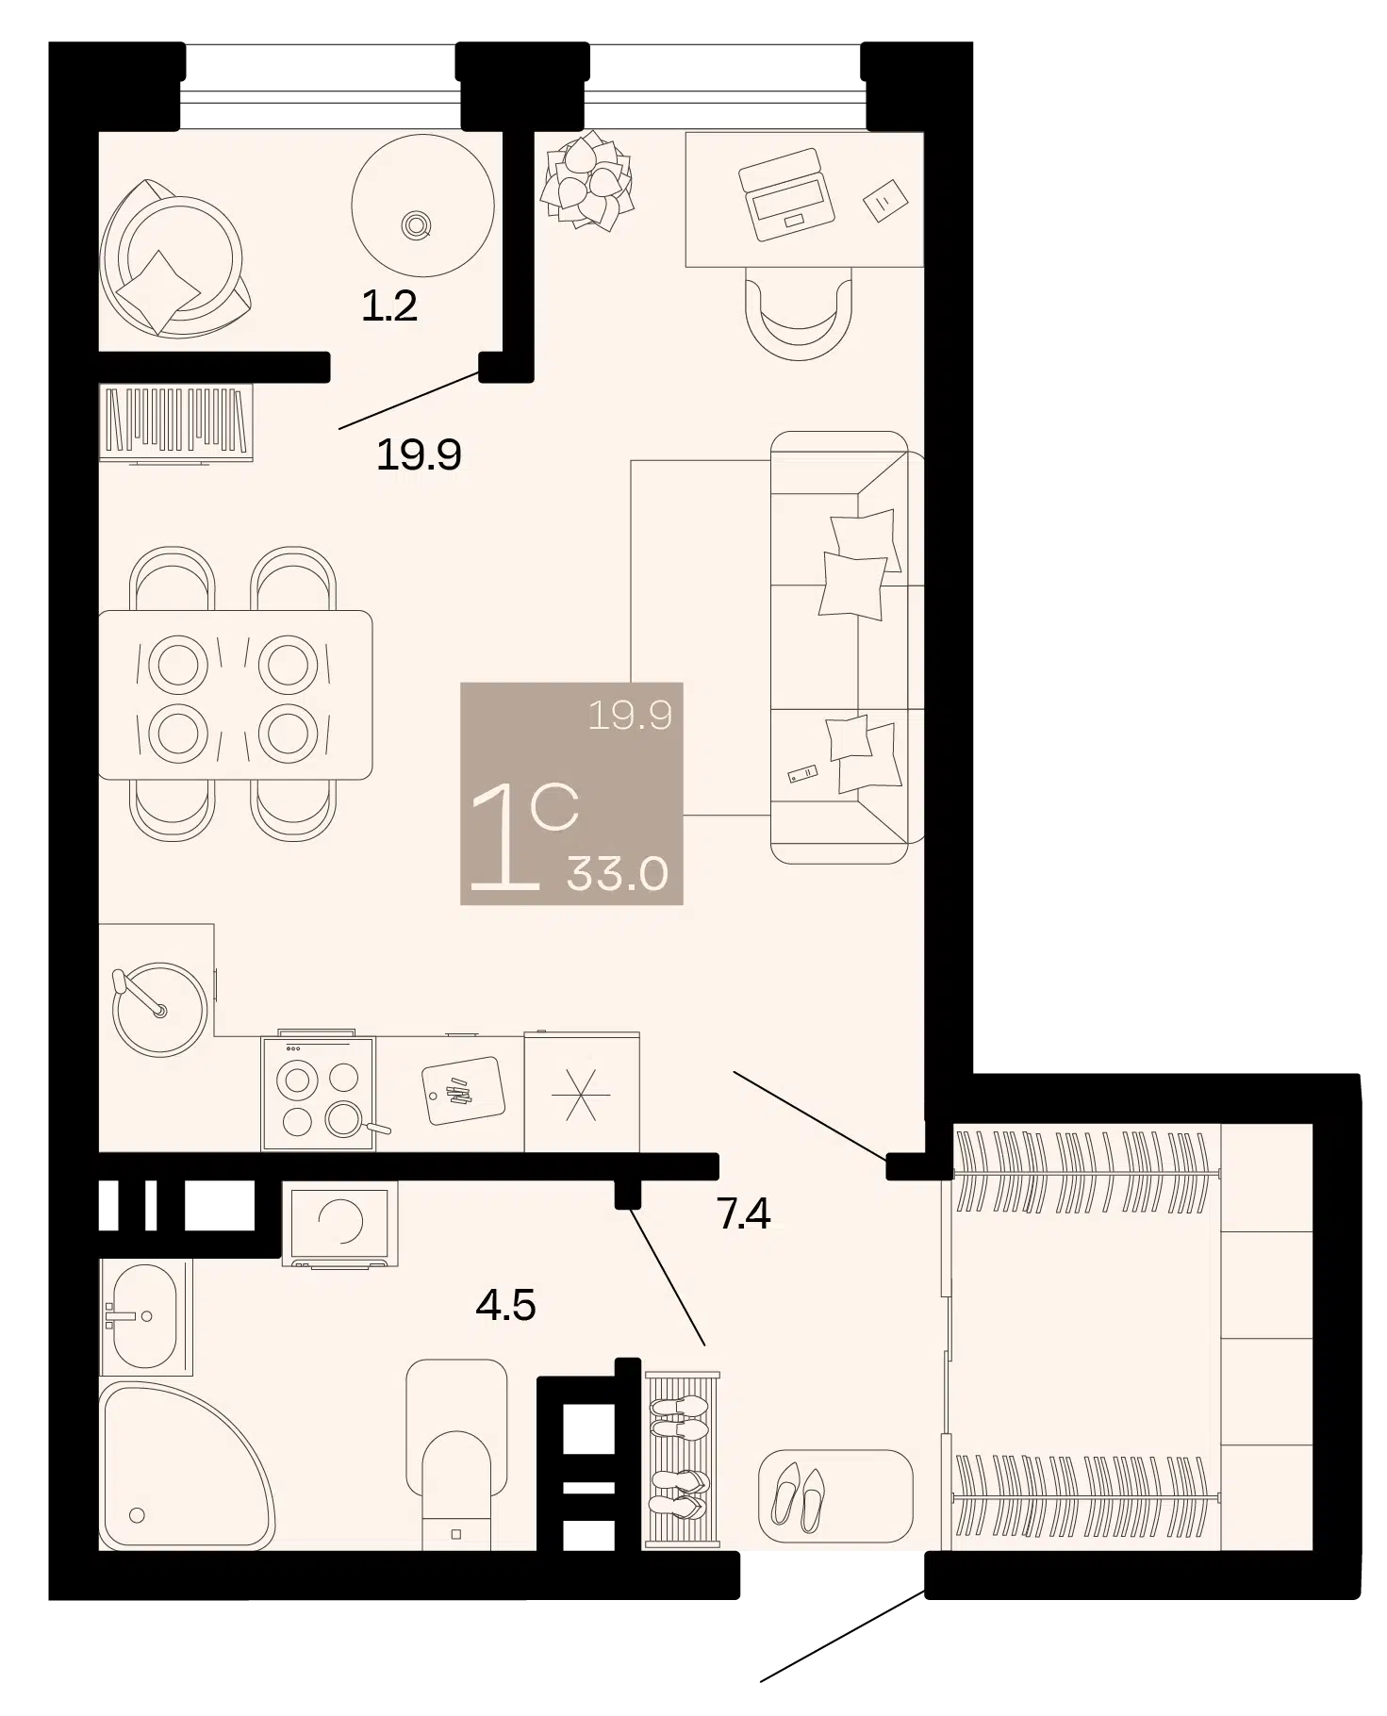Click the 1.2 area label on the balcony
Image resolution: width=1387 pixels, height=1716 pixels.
point(389,306)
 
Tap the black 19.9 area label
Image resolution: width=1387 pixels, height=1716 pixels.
point(419,455)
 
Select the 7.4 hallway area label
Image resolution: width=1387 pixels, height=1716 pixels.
point(744,1214)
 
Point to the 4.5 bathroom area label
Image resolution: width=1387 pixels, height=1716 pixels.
point(506,1306)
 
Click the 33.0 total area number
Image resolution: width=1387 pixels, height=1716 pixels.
point(618,874)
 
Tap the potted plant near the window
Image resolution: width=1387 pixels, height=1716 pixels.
point(586,180)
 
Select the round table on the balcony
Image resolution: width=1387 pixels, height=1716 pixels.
point(422,205)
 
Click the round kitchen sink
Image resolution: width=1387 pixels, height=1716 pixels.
point(159,1008)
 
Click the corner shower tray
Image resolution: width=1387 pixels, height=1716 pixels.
point(187,1465)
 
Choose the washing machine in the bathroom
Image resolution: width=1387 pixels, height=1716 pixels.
point(339,1223)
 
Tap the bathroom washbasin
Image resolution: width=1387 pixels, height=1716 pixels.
point(146,1316)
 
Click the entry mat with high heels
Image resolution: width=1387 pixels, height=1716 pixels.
point(835,1496)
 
